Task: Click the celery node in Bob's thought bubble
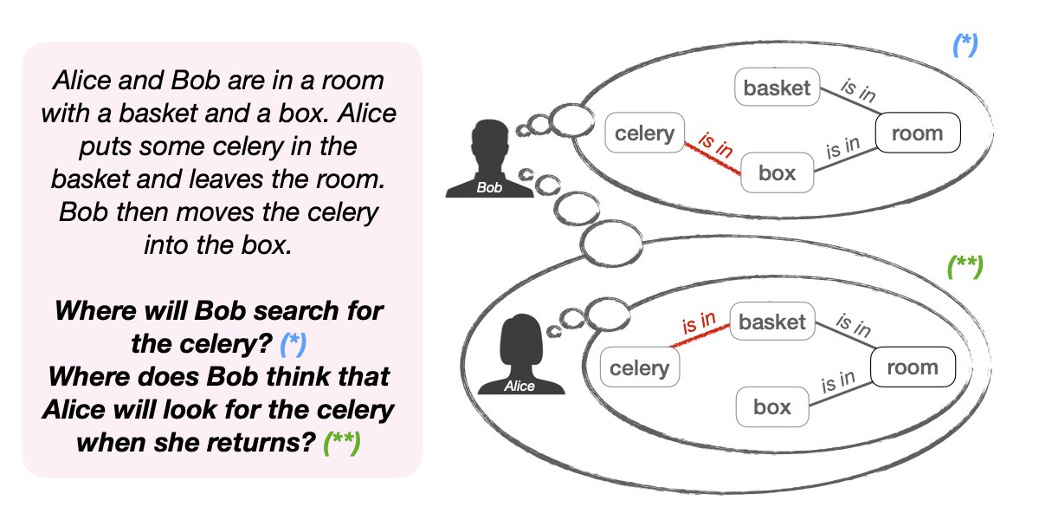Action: pos(644,133)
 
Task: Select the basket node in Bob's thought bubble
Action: pos(777,88)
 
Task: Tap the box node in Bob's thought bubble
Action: pos(777,172)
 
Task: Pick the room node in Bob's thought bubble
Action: pos(917,133)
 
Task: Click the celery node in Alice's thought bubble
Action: pos(640,367)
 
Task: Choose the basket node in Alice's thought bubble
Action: pos(771,322)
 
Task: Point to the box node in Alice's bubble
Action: pos(772,406)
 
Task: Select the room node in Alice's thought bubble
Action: pos(911,367)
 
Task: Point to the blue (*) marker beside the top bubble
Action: pos(965,45)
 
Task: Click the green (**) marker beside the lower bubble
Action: pos(964,266)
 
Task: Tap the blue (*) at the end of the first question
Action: pos(294,345)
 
